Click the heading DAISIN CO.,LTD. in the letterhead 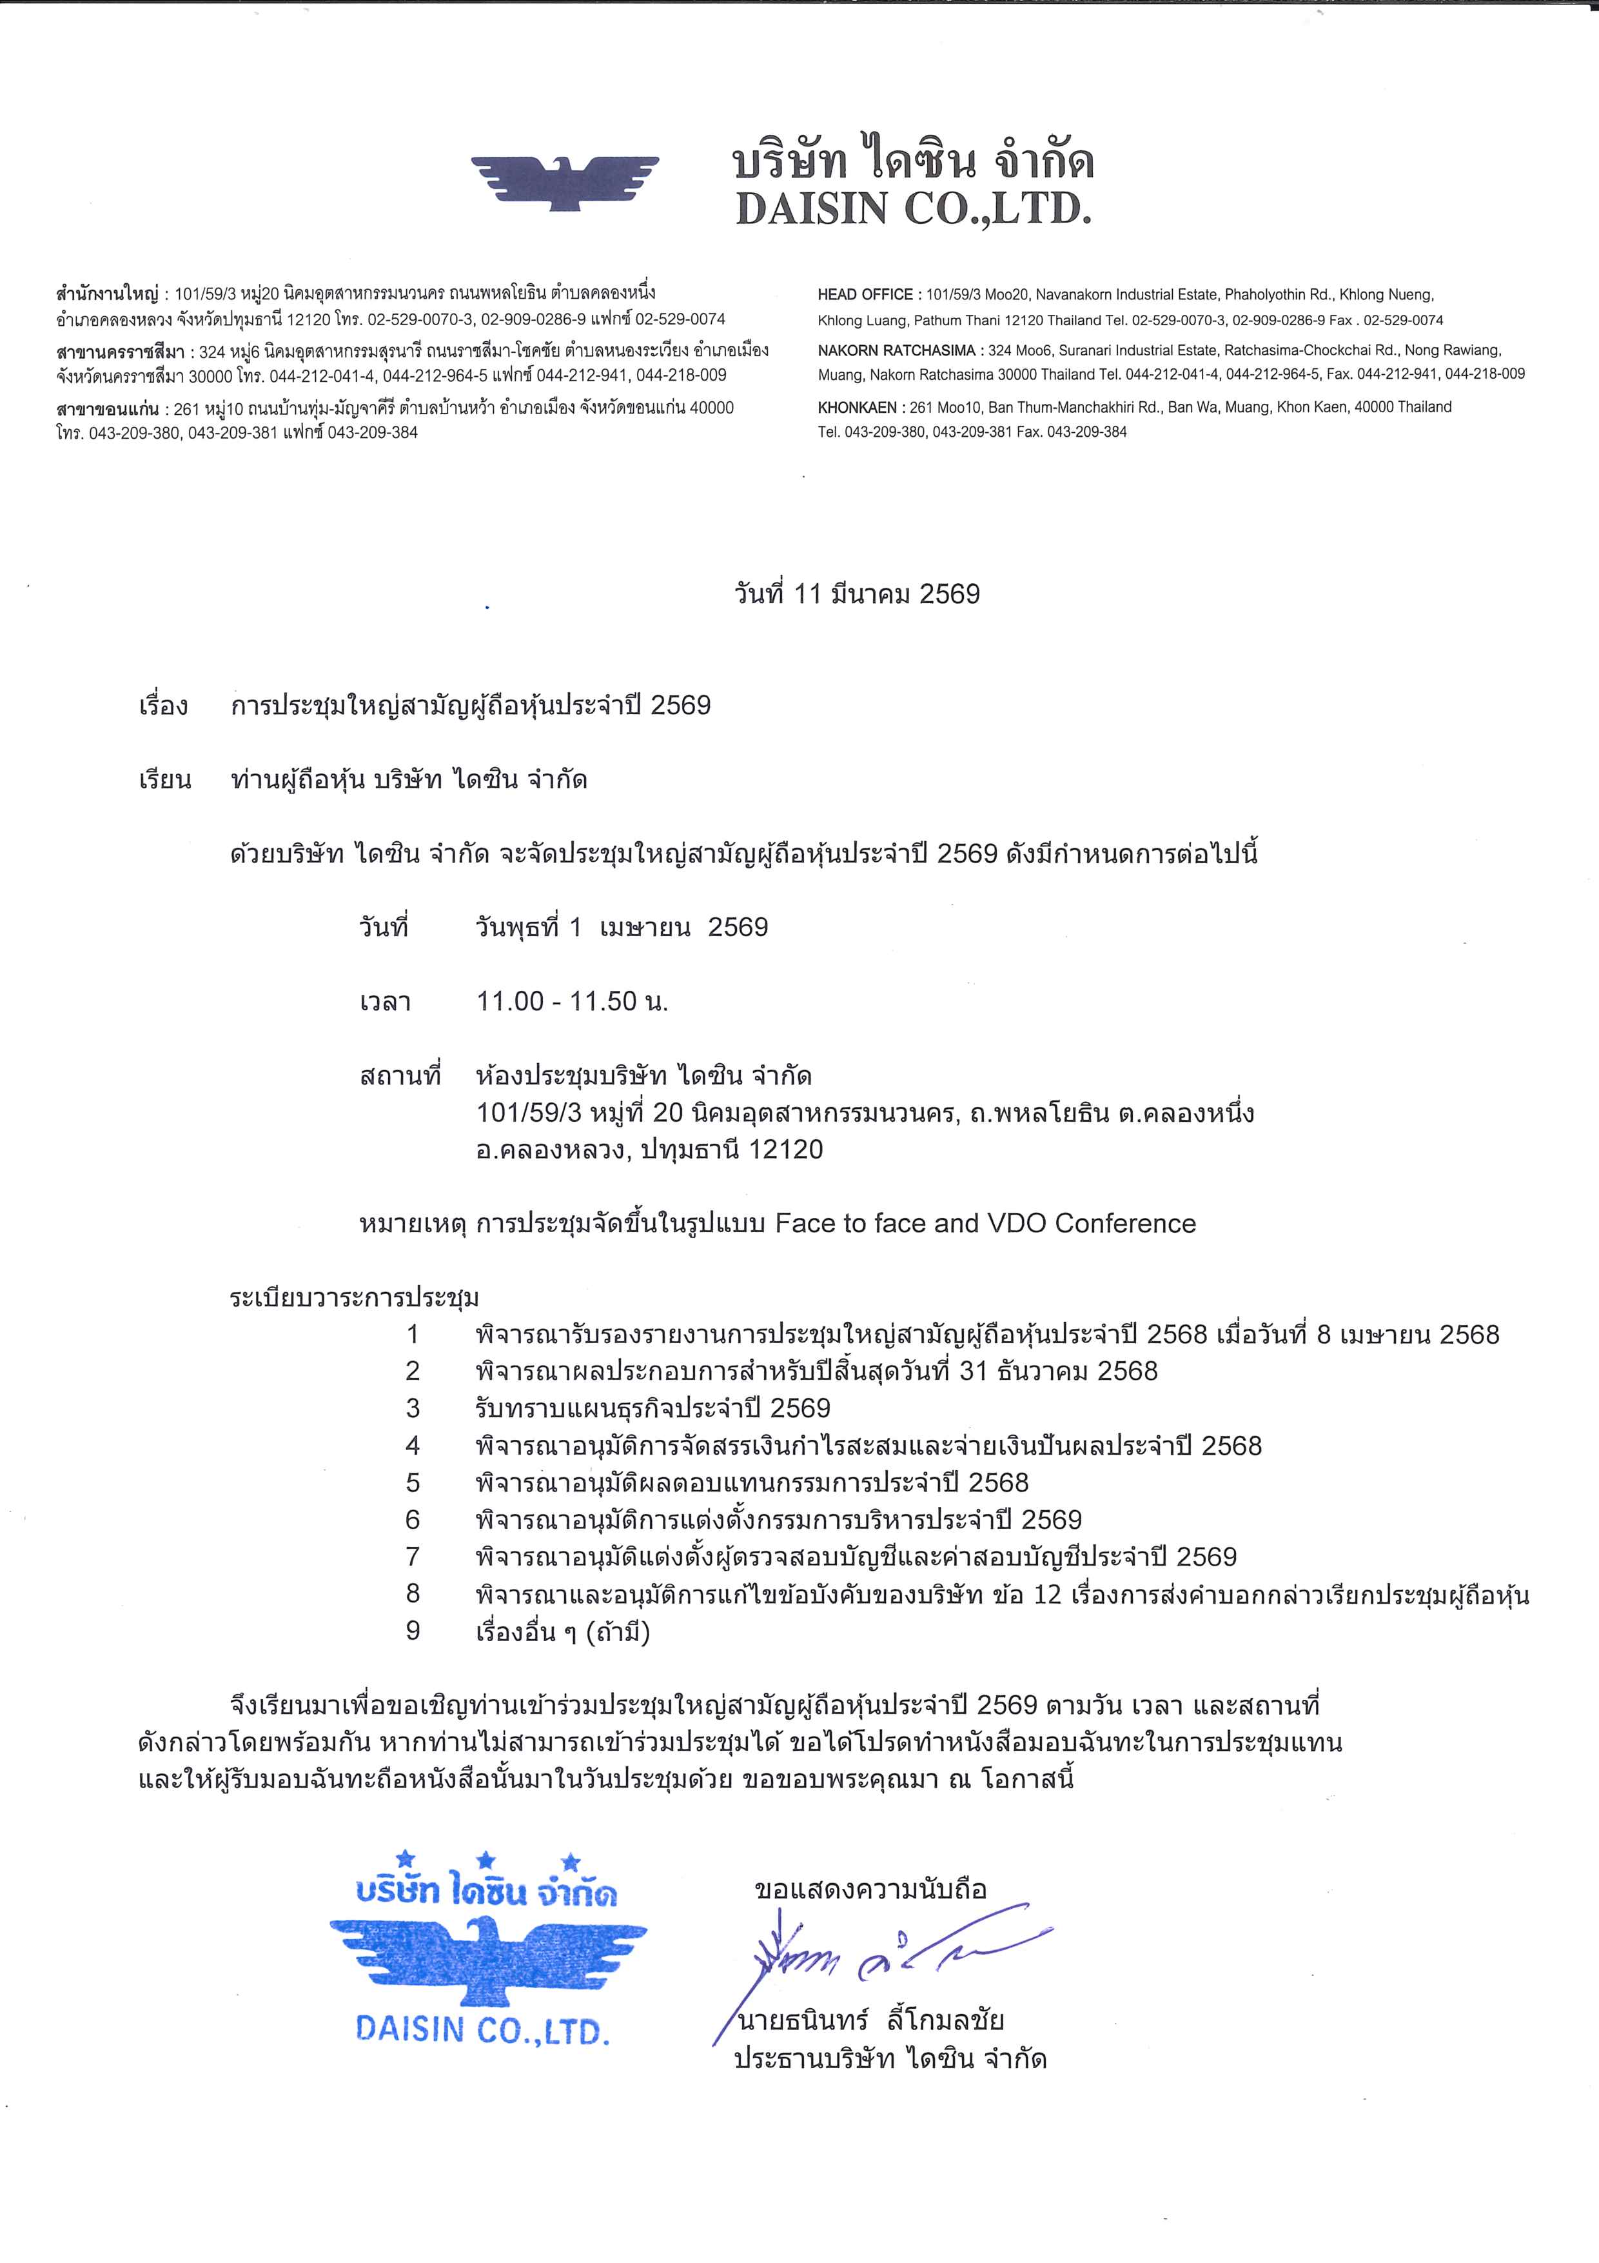pos(913,208)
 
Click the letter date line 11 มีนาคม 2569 pos(857,593)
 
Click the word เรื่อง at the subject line pos(164,706)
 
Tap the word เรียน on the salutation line pos(164,781)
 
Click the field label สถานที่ pos(400,1075)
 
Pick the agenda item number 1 pos(413,1335)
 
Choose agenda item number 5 pos(413,1482)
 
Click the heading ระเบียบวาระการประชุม pos(355,1298)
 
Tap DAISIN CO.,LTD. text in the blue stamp pos(483,2029)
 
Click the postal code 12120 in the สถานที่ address pos(785,1150)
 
